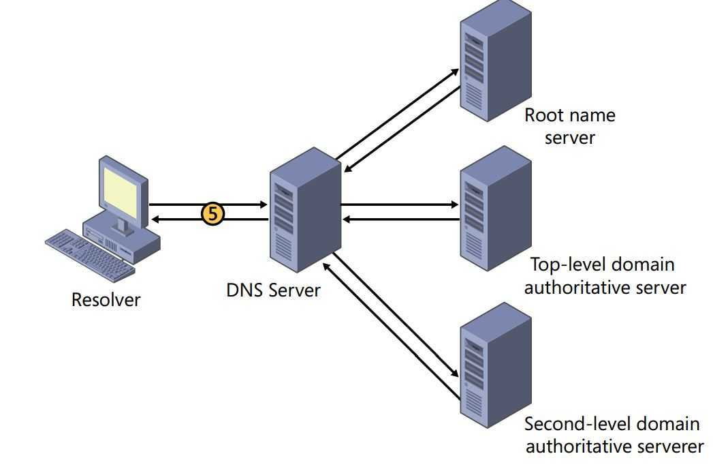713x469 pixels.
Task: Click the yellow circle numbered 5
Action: [x=212, y=213]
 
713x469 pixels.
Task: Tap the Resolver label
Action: [x=106, y=299]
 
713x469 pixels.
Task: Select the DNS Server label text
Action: [x=273, y=290]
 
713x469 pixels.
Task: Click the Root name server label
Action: [x=570, y=126]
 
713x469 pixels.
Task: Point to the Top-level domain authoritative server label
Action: [x=605, y=275]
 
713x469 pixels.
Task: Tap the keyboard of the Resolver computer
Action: [x=89, y=253]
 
